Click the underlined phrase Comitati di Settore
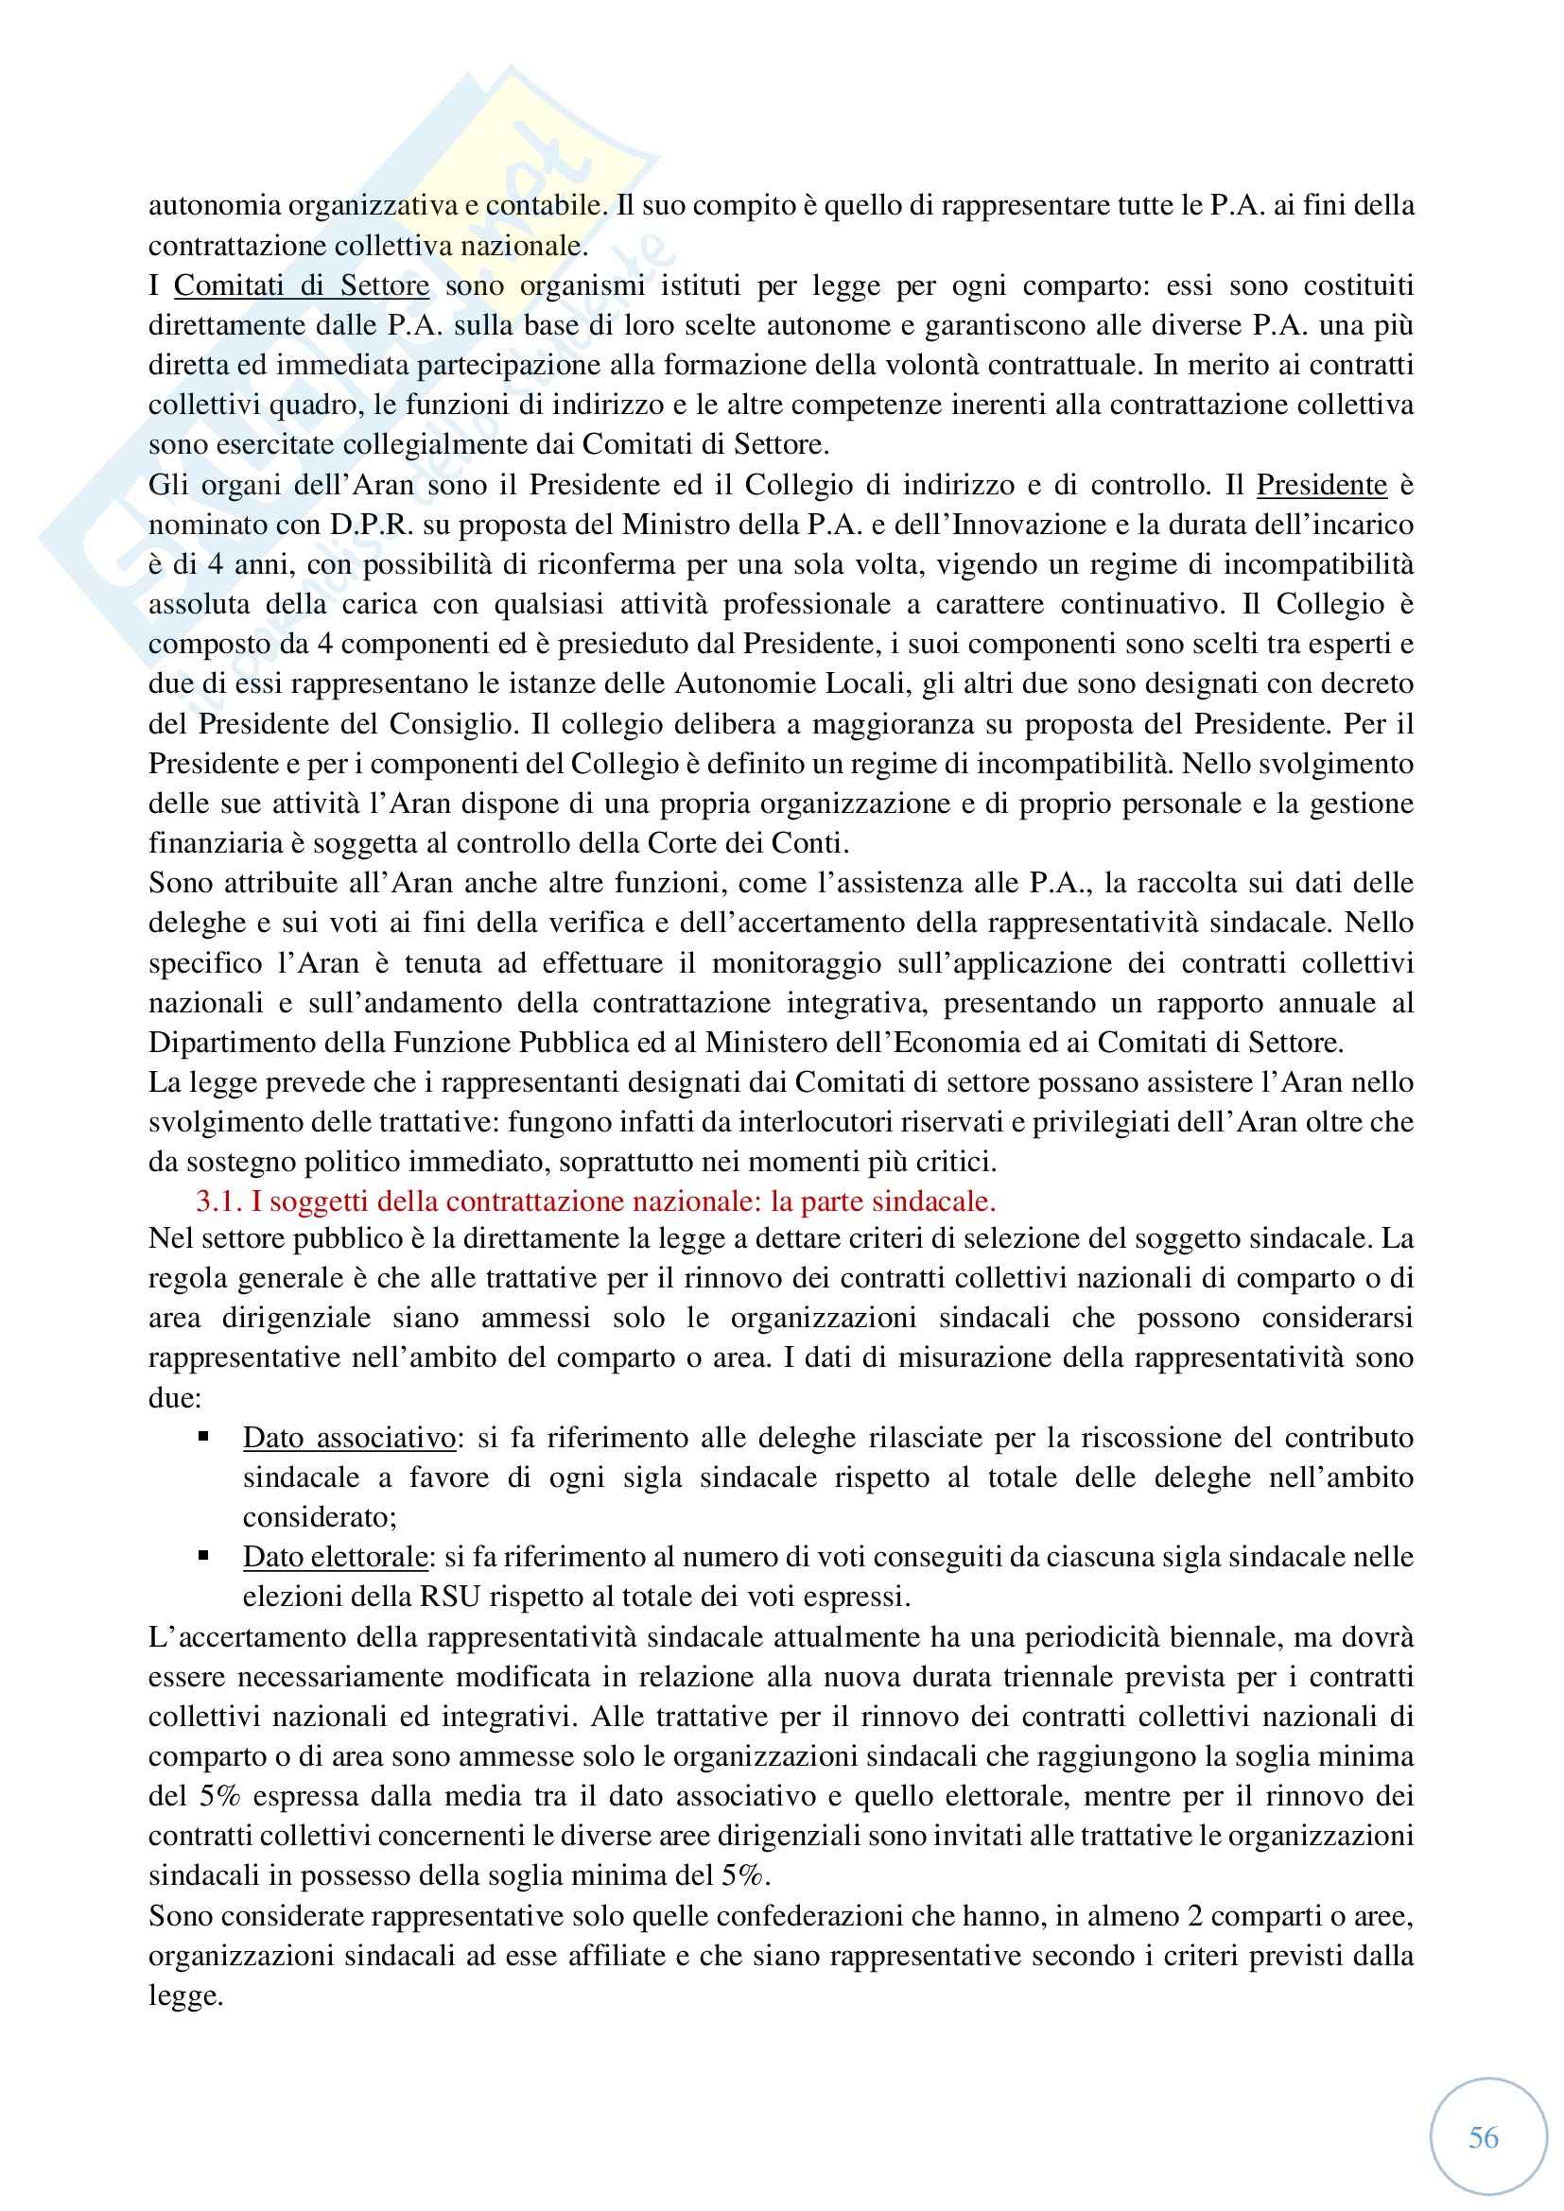pos(302,286)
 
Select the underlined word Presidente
pos(1321,485)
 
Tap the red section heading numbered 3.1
pos(596,1201)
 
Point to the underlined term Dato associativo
pos(349,1438)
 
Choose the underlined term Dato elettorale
pos(335,1557)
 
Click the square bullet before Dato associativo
pos(203,1436)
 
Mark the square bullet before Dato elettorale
pos(203,1555)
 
